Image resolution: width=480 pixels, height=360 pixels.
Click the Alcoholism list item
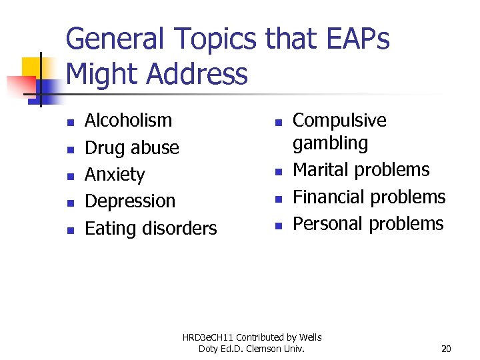(128, 121)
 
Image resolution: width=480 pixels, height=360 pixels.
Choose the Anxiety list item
(115, 175)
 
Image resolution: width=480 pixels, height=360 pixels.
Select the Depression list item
(130, 201)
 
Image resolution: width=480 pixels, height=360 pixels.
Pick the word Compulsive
(339, 121)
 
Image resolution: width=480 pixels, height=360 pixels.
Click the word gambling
(330, 143)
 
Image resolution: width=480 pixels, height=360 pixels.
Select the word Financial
(330, 197)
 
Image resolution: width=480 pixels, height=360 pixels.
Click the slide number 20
(446, 349)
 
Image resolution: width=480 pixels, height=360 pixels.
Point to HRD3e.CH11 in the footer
(209, 337)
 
